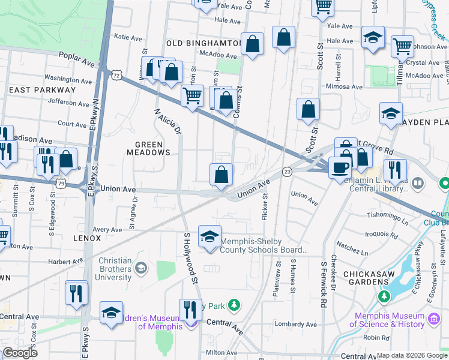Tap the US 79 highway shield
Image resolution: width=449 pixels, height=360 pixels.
point(62,182)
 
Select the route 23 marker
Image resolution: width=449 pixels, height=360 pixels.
point(288,172)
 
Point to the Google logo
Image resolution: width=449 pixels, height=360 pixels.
point(20,353)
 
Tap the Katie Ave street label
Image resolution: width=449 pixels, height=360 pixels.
point(127,37)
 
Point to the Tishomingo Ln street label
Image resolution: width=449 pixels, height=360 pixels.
point(387,215)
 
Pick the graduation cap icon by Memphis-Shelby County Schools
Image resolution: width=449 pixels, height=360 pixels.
point(209,236)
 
